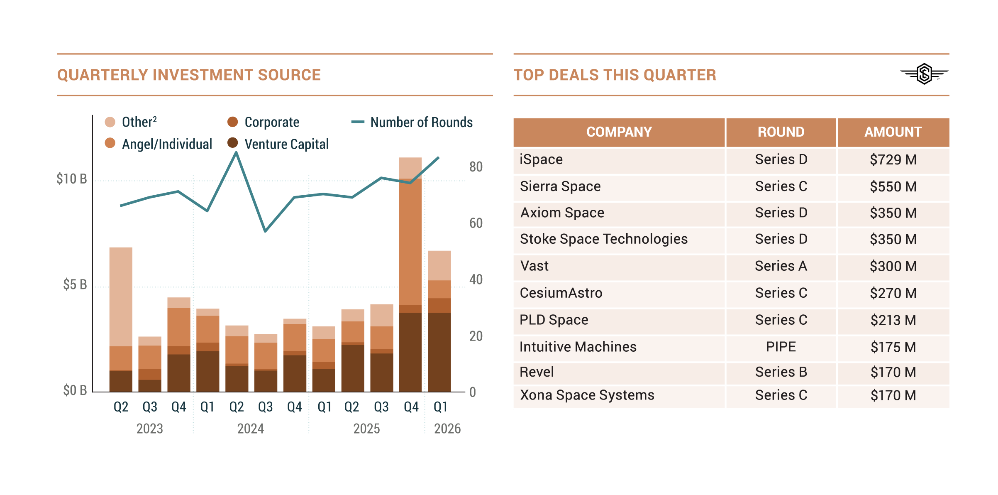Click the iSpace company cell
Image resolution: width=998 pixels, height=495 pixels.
click(541, 159)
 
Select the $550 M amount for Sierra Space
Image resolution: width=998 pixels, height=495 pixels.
click(893, 186)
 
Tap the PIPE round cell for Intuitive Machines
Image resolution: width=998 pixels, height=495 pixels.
click(781, 347)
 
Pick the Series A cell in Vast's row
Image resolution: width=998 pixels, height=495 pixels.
click(781, 266)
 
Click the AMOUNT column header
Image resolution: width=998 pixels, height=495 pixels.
click(893, 132)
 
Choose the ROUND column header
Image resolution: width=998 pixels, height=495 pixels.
click(781, 132)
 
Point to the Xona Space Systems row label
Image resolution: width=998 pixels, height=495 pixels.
click(587, 395)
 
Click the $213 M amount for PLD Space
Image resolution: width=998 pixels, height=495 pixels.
click(893, 320)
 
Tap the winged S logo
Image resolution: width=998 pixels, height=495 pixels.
click(924, 74)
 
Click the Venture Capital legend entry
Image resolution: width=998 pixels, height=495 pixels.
click(286, 144)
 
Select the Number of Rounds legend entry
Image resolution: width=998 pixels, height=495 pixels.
click(421, 123)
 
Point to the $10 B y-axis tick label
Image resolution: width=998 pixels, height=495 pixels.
click(72, 179)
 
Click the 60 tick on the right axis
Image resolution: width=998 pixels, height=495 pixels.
click(476, 223)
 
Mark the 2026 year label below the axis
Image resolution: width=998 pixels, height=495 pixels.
click(447, 429)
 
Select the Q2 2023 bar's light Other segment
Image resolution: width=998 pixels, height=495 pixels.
click(121, 297)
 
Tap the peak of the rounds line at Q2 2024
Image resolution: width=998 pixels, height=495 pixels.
click(236, 152)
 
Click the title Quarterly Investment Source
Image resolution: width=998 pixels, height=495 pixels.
click(189, 75)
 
